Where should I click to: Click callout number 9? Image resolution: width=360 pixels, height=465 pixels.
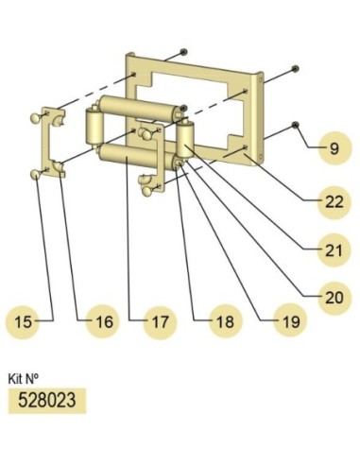click(x=334, y=148)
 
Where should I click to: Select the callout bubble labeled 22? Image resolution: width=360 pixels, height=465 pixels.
click(x=334, y=202)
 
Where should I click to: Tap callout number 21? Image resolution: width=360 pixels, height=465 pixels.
click(x=334, y=250)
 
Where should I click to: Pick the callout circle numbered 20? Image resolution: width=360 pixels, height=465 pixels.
click(x=334, y=298)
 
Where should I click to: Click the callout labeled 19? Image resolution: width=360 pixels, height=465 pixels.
click(x=290, y=321)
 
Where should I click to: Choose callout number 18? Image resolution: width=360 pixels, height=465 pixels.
click(x=226, y=321)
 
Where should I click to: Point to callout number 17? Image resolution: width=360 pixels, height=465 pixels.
click(x=161, y=321)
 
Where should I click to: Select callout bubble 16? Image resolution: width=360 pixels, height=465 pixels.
click(x=103, y=321)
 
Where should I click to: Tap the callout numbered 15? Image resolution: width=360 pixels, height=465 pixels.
click(x=23, y=321)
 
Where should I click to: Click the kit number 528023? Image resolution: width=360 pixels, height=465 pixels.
click(x=47, y=401)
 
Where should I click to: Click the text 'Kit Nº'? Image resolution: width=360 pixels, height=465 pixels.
click(x=24, y=378)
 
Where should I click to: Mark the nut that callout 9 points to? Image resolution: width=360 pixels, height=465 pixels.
click(x=296, y=125)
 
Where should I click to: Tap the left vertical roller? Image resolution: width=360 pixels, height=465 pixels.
click(x=94, y=128)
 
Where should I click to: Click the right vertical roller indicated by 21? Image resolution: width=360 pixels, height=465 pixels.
click(x=185, y=141)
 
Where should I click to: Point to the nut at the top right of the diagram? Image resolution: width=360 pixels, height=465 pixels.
click(x=296, y=68)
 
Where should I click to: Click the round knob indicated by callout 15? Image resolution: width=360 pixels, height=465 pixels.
click(x=35, y=174)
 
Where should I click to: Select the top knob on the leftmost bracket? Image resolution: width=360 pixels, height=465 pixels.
click(x=35, y=118)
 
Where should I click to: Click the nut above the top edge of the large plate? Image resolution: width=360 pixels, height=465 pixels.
click(x=184, y=51)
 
